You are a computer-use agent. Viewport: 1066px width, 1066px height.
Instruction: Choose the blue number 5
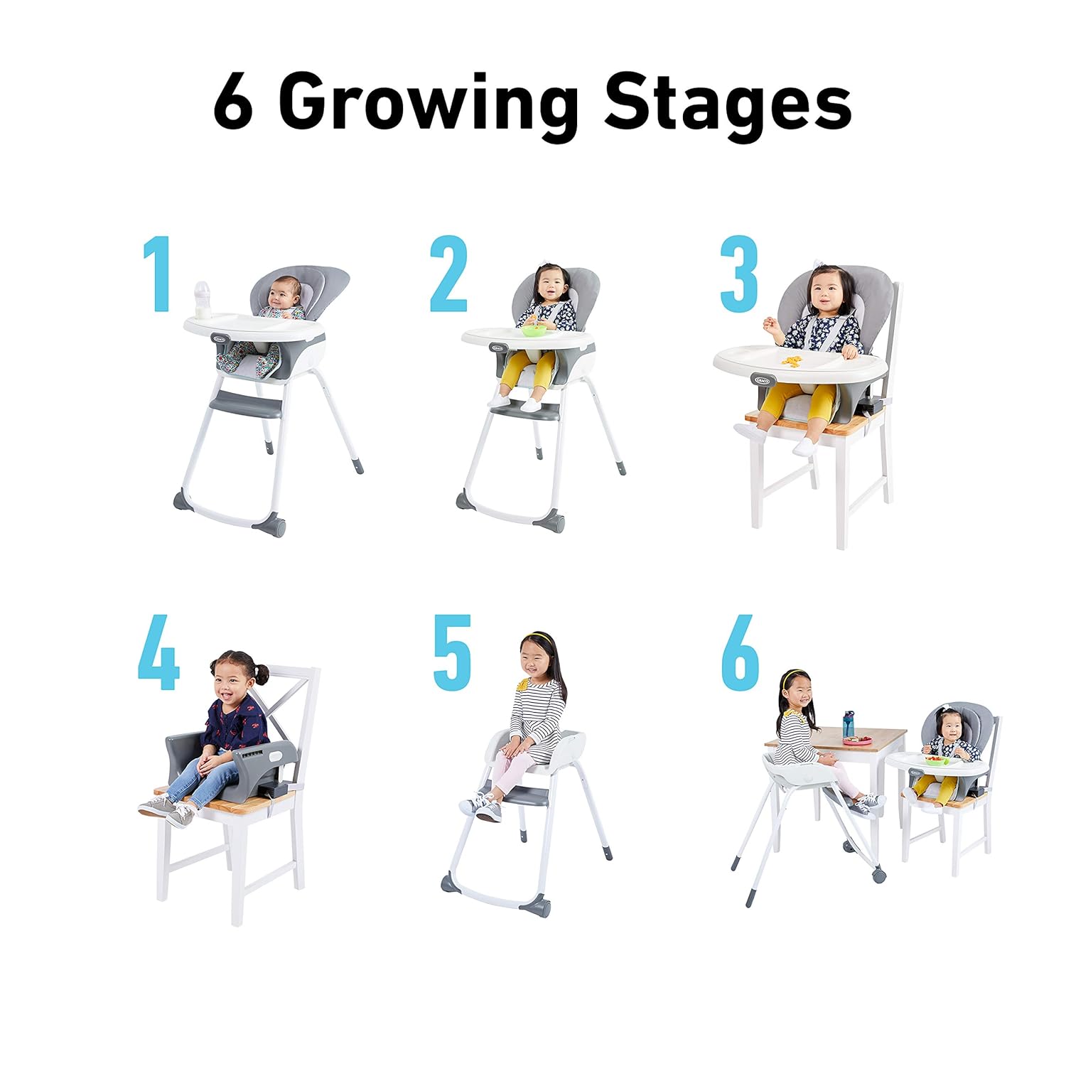coord(452,652)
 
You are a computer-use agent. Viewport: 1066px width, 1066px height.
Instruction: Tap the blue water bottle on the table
coord(849,726)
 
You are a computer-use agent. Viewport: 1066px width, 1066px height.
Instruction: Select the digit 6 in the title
coord(233,105)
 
